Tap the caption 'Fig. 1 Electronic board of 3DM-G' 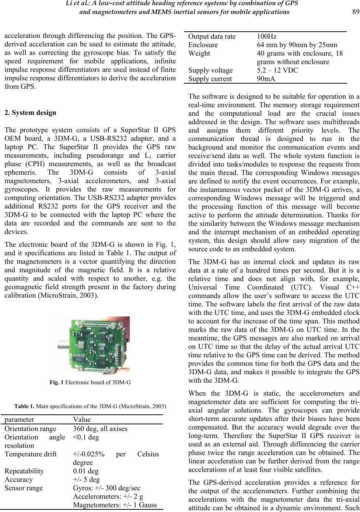(x=90, y=382)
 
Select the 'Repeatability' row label (x=24, y=471)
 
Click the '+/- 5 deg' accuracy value (x=86, y=479)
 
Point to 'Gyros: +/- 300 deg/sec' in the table (x=106, y=488)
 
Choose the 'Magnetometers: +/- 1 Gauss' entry (x=115, y=505)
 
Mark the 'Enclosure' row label (x=203, y=45)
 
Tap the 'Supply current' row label (x=210, y=78)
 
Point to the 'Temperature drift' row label (x=31, y=454)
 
